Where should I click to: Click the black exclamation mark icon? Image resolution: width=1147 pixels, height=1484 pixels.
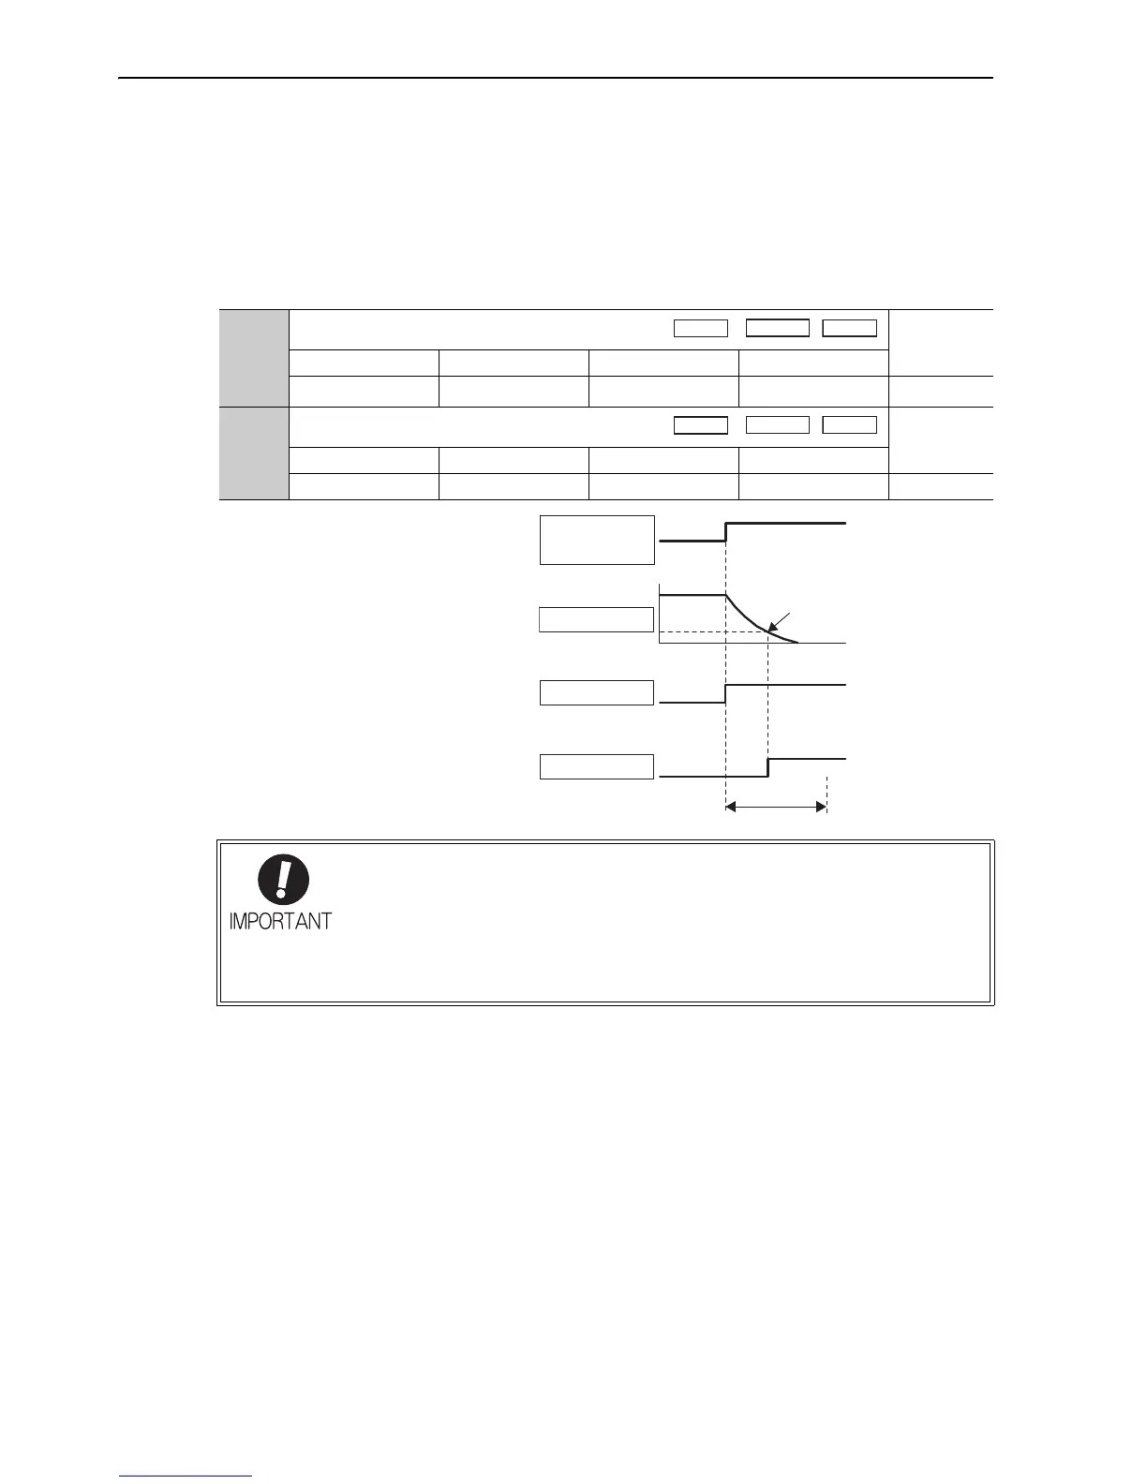click(283, 882)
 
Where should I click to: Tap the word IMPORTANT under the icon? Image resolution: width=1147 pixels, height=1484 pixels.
click(280, 921)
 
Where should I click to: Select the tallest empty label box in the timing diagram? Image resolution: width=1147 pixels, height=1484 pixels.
click(597, 540)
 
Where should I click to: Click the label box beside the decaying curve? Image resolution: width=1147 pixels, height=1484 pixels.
click(597, 619)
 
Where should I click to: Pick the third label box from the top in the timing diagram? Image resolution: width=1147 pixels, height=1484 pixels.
click(597, 692)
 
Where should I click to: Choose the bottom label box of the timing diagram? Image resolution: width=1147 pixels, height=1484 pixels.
click(597, 765)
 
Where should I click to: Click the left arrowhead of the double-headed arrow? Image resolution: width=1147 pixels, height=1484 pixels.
click(732, 806)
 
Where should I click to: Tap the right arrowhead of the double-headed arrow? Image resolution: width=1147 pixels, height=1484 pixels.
click(821, 806)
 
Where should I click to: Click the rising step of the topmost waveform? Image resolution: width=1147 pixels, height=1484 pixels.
click(726, 532)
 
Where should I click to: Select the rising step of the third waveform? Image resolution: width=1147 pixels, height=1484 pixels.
click(726, 693)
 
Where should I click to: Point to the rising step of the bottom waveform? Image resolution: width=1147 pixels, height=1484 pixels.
click(768, 767)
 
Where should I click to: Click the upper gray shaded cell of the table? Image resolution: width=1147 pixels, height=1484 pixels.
click(254, 357)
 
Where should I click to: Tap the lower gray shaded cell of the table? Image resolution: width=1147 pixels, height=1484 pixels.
click(254, 453)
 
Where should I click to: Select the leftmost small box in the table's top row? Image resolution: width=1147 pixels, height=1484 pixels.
click(701, 328)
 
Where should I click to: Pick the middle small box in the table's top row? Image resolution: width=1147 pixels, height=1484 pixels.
click(777, 328)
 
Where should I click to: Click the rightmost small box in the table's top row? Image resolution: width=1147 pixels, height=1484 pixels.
click(850, 328)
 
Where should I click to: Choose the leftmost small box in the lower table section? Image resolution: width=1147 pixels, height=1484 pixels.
click(701, 425)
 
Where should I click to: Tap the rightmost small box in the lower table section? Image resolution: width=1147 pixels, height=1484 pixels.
click(850, 425)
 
